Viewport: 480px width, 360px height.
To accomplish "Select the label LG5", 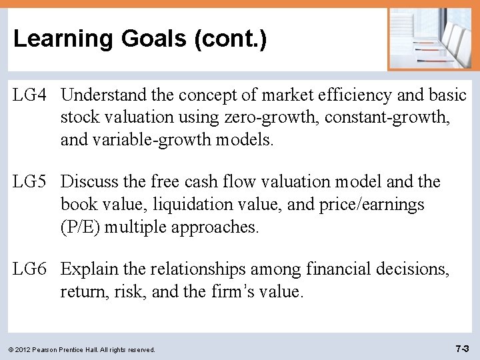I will click(x=31, y=182).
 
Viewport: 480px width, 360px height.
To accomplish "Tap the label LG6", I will click(x=31, y=269).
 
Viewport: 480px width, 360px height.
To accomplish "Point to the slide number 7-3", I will click(x=462, y=349).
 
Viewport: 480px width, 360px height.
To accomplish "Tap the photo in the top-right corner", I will click(x=430, y=39).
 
